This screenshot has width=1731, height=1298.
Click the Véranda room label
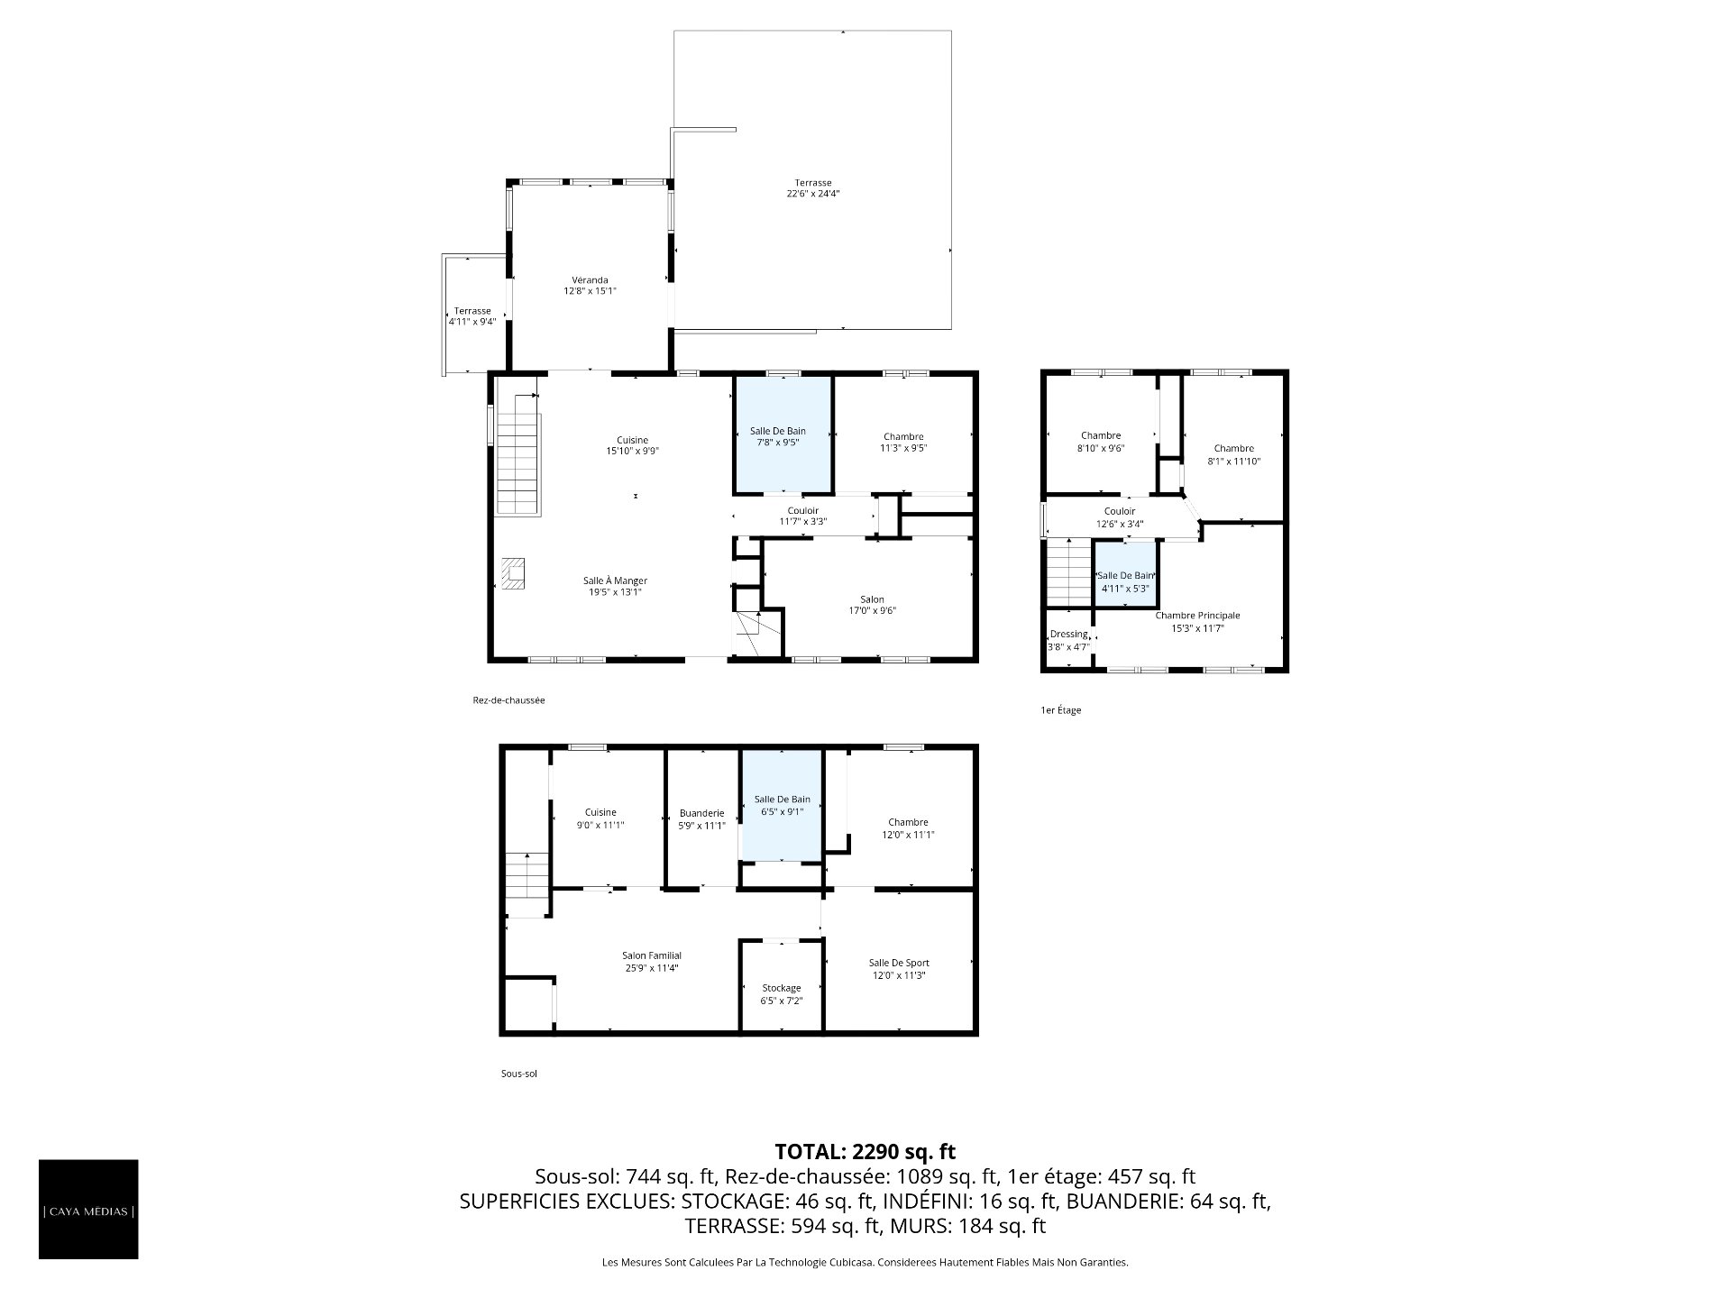[590, 279]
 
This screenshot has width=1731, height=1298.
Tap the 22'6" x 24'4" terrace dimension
[813, 194]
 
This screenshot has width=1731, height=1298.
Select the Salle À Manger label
[615, 580]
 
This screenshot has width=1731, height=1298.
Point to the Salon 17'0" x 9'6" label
[872, 605]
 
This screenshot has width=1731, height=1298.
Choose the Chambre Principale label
[1198, 616]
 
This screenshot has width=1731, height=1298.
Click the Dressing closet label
[1069, 635]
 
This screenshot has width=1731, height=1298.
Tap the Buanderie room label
[701, 813]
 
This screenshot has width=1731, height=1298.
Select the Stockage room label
[781, 988]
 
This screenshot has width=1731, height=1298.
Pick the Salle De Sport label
[899, 963]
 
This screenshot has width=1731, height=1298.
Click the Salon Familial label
[652, 955]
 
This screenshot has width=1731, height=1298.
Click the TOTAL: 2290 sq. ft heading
[865, 1151]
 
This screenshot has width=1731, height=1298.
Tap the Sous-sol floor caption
[519, 1074]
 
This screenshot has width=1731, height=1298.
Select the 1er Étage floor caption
[1061, 710]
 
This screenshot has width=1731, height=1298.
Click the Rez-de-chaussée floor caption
[508, 700]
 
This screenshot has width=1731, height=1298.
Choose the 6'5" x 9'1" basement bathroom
[781, 803]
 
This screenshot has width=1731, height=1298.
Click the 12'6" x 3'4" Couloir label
[1120, 517]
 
